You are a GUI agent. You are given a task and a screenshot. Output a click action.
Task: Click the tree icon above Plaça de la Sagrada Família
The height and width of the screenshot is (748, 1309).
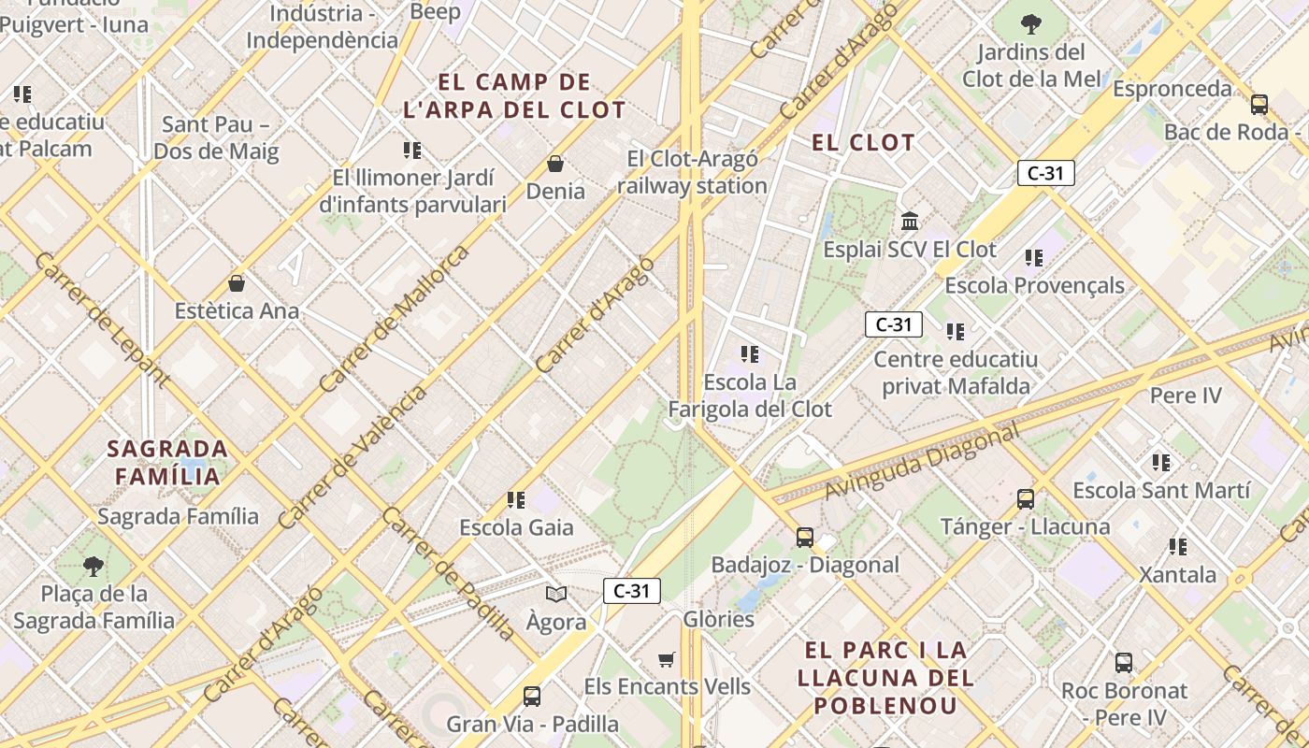coord(93,566)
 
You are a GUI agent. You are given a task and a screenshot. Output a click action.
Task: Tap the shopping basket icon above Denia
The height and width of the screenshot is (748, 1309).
coord(555,164)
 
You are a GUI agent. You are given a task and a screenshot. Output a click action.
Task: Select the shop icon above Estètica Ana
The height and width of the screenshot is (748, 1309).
coord(237,283)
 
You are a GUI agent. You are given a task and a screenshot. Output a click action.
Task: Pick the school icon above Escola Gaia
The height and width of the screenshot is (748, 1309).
coord(516,500)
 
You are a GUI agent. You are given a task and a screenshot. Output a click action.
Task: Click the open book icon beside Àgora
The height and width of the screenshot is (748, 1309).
coord(556,594)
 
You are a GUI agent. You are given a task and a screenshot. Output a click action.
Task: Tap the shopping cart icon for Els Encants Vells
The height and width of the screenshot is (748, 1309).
coord(667,660)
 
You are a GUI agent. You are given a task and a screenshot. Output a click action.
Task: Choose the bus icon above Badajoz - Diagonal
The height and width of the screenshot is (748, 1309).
coord(805,538)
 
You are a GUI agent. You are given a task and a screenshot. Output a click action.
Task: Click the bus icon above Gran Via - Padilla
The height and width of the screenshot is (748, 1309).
coord(532,697)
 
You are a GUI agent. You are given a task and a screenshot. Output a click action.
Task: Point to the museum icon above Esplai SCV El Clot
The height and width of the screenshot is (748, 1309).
coord(910,222)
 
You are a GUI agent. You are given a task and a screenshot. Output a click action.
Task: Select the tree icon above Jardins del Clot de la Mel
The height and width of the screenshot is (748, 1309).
coord(1031,24)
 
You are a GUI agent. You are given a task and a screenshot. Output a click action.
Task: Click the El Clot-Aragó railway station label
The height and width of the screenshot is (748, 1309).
coord(692,173)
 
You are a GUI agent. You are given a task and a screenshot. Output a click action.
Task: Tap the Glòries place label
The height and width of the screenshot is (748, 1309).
coord(719,619)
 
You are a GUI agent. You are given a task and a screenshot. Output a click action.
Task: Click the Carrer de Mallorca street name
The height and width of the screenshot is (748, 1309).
coord(394,319)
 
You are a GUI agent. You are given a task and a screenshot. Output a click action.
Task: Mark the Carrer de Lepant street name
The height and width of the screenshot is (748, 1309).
coord(102,319)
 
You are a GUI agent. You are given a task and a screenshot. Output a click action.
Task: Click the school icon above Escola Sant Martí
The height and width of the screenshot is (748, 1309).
coord(1161,463)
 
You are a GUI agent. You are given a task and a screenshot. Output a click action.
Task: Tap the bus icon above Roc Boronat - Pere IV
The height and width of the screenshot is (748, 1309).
coord(1124,663)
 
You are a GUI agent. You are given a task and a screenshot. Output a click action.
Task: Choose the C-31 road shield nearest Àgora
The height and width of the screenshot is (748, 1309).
coord(632,591)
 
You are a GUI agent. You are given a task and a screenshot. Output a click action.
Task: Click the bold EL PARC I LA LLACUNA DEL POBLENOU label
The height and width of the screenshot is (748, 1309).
coord(885,677)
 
